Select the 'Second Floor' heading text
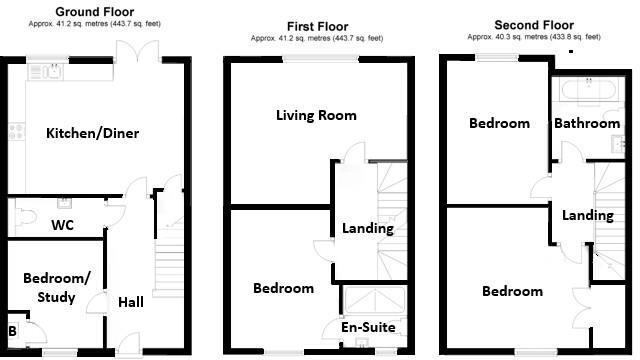(x=534, y=24)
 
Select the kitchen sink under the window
(x=44, y=71)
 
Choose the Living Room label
(x=316, y=115)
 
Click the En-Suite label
(x=369, y=327)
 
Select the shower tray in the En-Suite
(x=375, y=300)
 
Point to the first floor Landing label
(x=368, y=228)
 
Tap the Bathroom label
(x=586, y=123)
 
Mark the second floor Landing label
(x=587, y=215)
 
